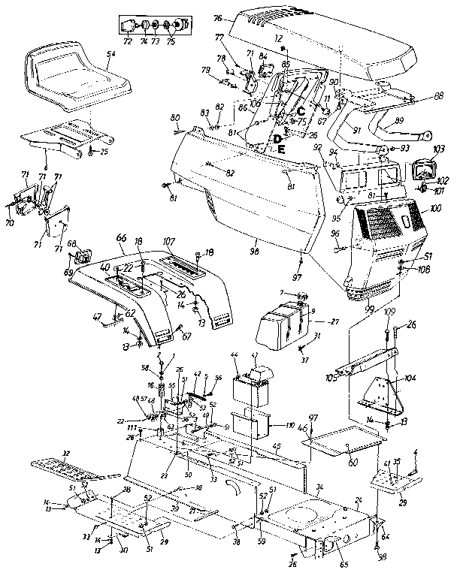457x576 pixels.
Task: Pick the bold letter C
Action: click(x=280, y=113)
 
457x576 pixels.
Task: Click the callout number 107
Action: click(x=168, y=242)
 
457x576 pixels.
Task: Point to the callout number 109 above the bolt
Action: click(x=389, y=312)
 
